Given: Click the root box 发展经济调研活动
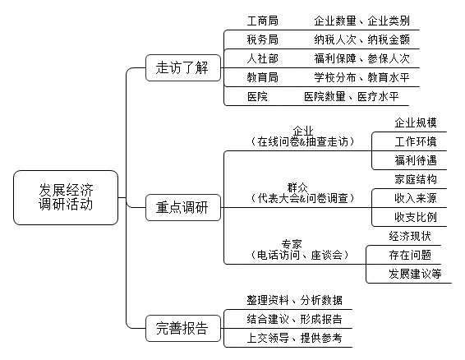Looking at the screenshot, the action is click(66, 197).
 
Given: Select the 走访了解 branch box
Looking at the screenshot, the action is click(183, 67).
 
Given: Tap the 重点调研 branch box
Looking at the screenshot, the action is click(183, 207).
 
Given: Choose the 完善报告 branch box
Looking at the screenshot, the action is click(183, 328).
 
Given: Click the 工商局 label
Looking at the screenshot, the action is click(262, 21).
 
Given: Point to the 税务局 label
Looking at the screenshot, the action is click(262, 39).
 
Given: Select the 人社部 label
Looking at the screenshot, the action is click(262, 58).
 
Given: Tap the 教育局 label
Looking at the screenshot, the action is click(262, 77).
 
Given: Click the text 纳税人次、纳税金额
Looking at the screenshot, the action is click(361, 39).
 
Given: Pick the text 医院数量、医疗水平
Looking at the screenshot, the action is click(351, 96).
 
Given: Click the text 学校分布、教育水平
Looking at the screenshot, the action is click(361, 77).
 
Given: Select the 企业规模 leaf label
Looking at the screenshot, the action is click(416, 122).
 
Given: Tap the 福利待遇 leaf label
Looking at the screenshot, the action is click(416, 160).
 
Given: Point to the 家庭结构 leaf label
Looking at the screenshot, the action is click(416, 179).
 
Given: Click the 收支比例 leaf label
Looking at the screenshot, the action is click(416, 217).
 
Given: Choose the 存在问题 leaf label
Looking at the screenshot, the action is click(410, 255).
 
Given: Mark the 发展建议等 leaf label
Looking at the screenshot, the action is click(415, 274).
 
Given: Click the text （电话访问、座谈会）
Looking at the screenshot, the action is click(300, 255).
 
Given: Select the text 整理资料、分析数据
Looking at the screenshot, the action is click(294, 300).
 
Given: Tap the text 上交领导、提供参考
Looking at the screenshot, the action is click(294, 338).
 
